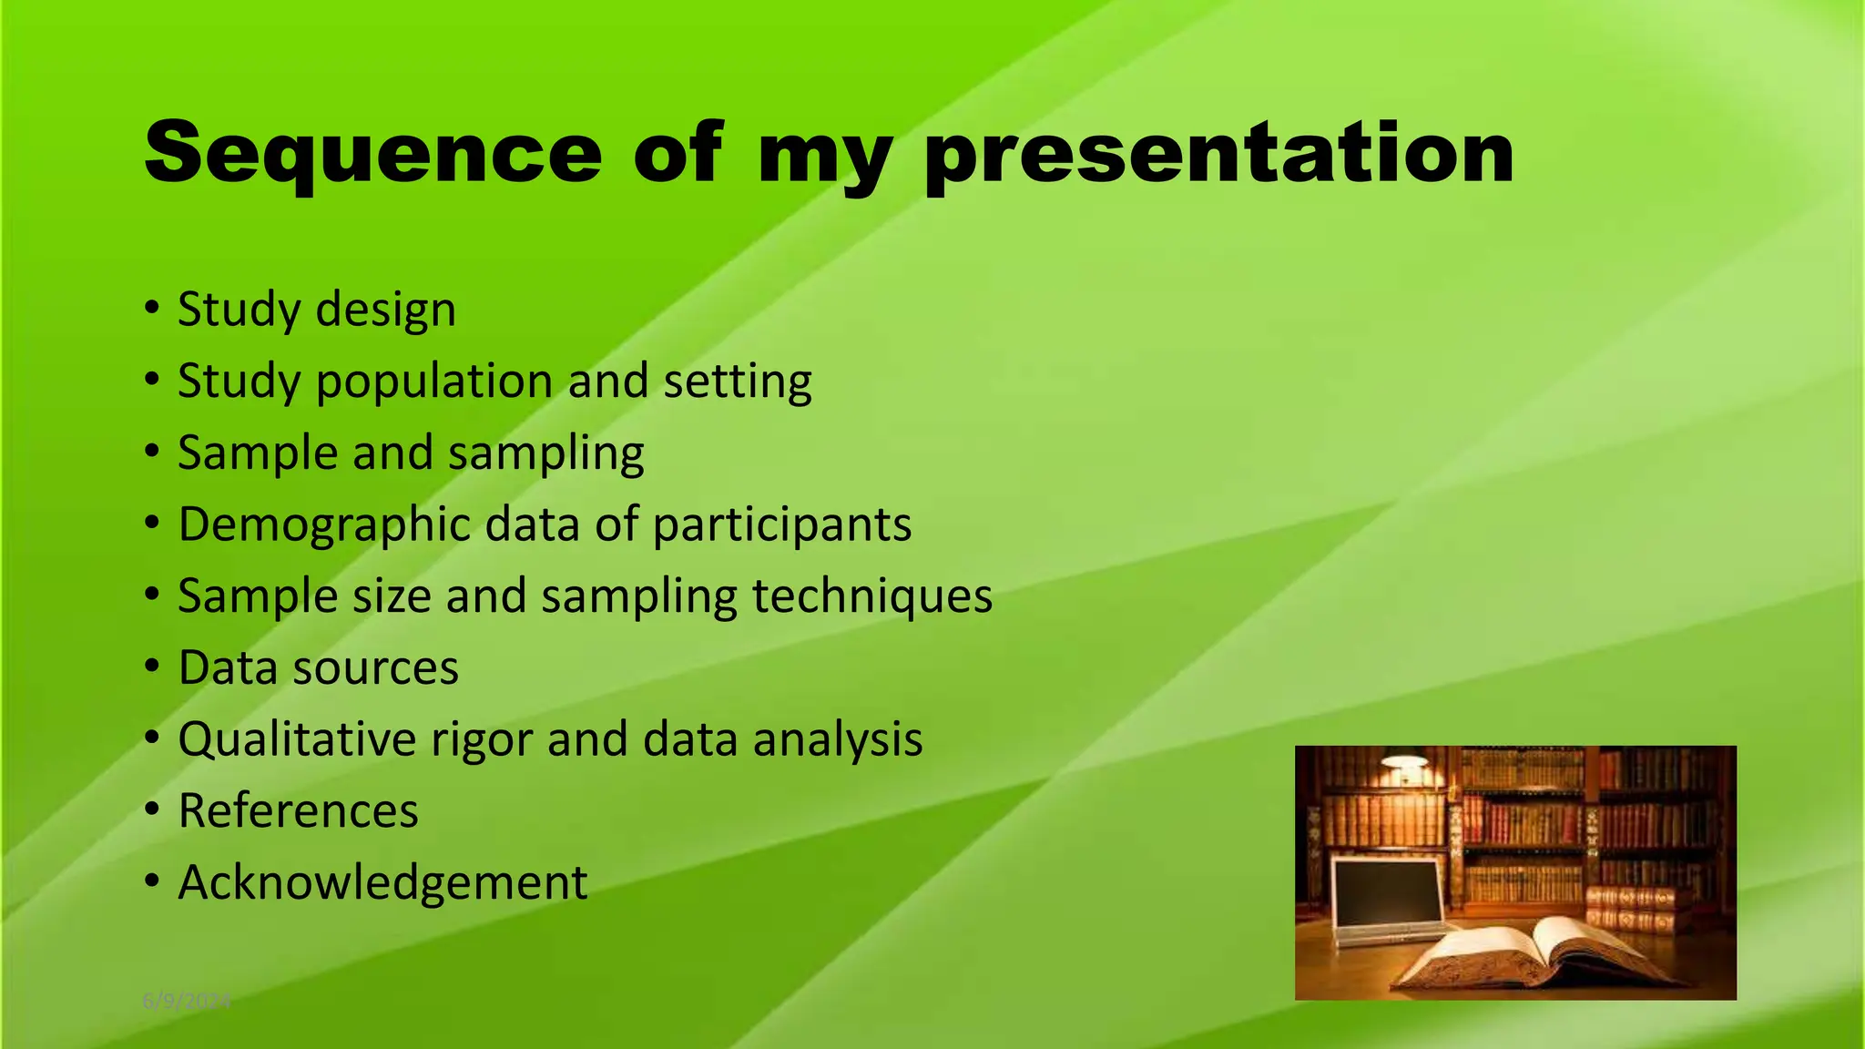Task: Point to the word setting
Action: [737, 382]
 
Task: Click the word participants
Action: [781, 525]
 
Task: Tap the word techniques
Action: [871, 596]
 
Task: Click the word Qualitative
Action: [297, 739]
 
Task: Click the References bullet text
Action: [298, 811]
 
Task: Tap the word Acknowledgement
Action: [382, 883]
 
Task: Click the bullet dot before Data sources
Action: [152, 667]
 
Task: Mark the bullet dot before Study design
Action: [152, 309]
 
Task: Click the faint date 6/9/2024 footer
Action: [187, 1002]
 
